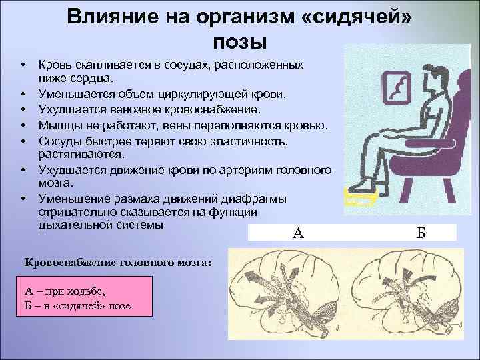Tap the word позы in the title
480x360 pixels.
click(x=239, y=41)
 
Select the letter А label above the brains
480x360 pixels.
click(x=298, y=233)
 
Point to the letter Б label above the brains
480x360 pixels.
click(x=421, y=233)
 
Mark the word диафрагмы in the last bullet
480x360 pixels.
click(x=263, y=198)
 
